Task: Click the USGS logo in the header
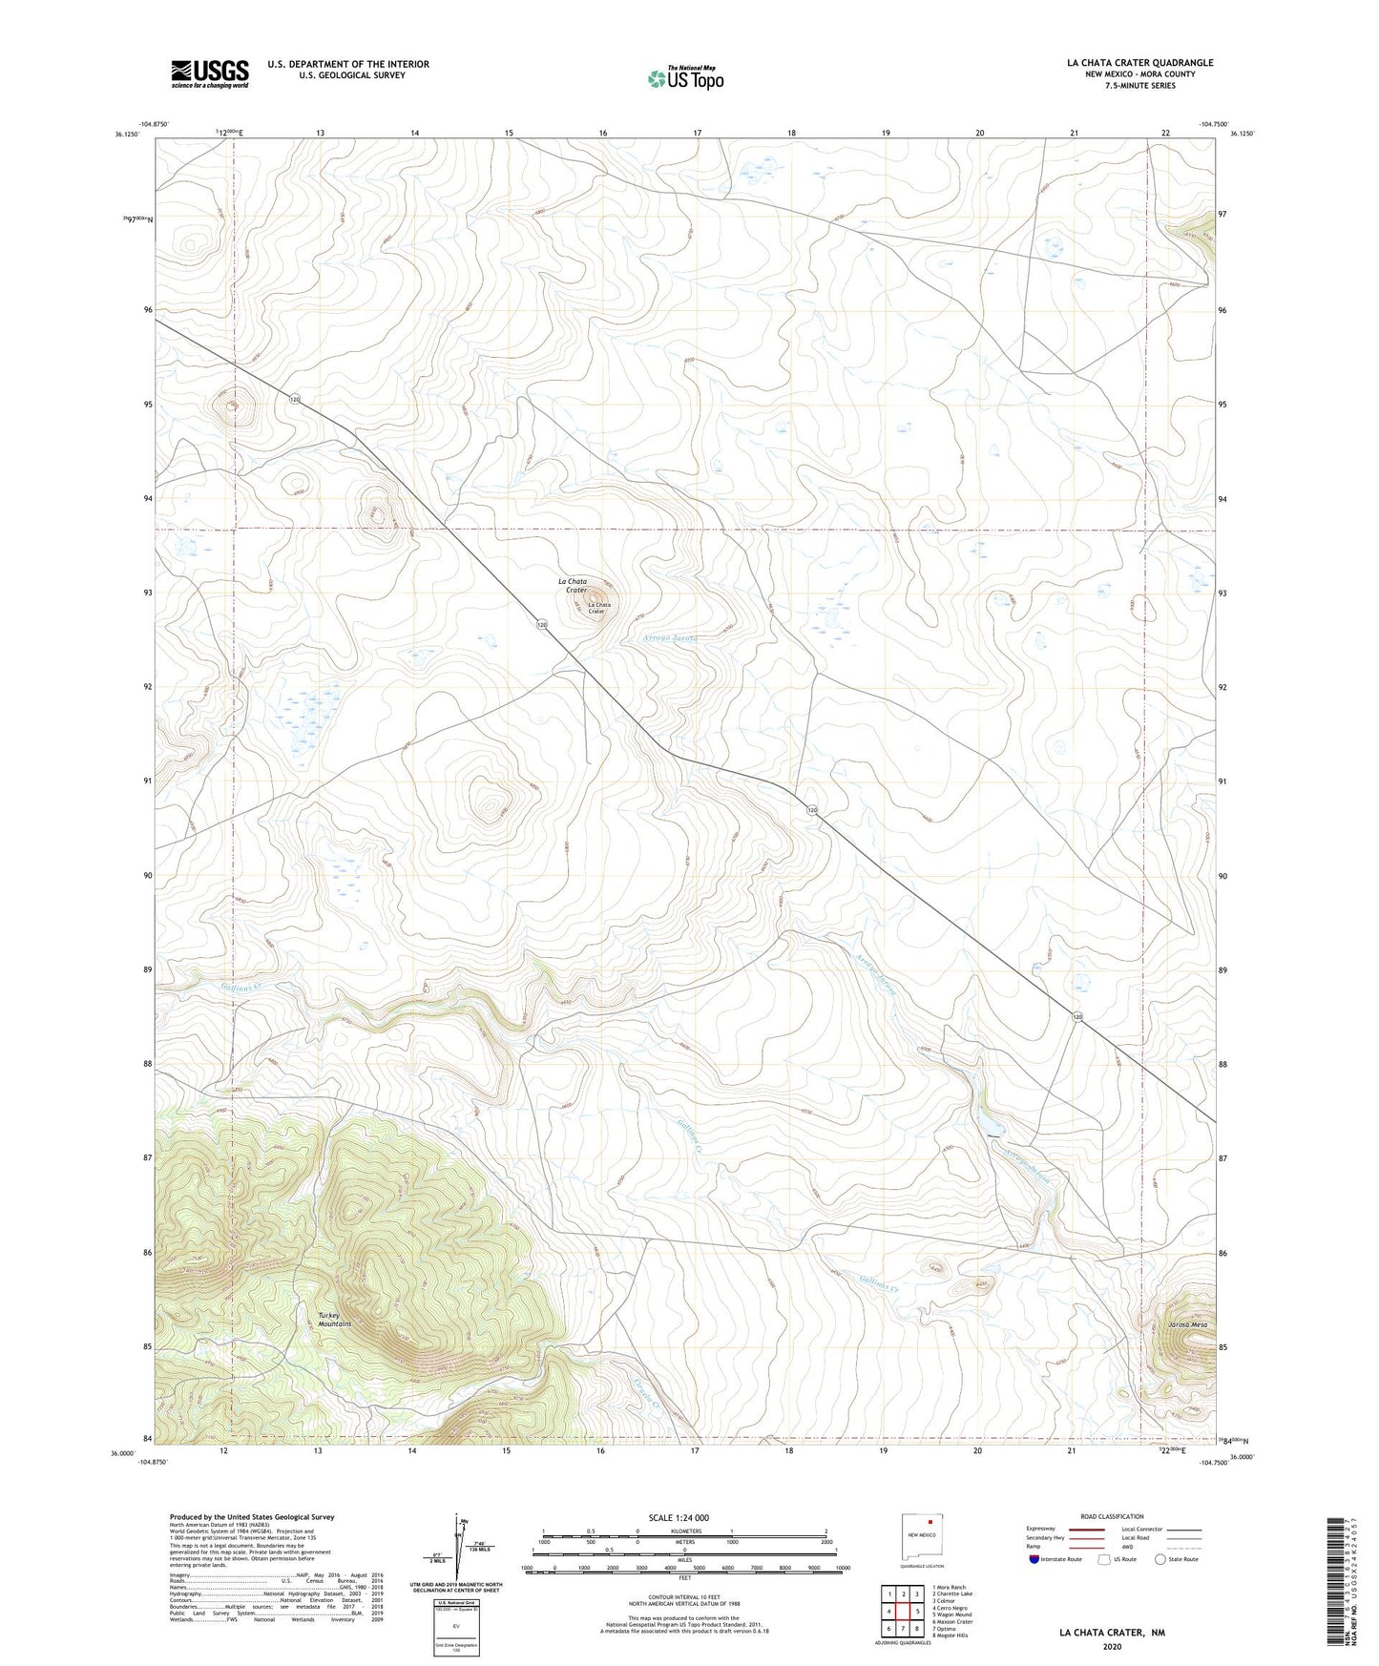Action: click(x=210, y=73)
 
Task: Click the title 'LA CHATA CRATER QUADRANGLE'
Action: click(x=1139, y=63)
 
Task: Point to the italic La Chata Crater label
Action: click(x=573, y=586)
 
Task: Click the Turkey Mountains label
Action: click(x=335, y=1320)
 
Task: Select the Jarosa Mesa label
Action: click(x=1187, y=1325)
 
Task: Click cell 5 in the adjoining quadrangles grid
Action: click(x=916, y=1611)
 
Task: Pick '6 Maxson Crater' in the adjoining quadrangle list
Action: click(x=952, y=1621)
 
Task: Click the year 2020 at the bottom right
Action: click(x=1111, y=1646)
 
